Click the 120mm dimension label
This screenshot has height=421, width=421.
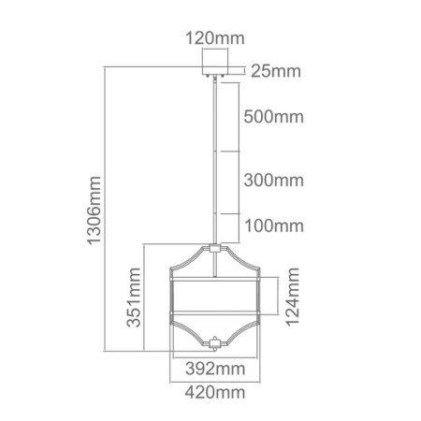tap(216, 40)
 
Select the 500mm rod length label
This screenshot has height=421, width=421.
tap(273, 118)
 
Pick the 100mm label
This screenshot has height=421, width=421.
tap(273, 225)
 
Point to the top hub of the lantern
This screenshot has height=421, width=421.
tap(217, 248)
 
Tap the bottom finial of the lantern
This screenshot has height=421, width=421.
tap(217, 343)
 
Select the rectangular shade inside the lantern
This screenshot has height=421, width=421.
tap(217, 298)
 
